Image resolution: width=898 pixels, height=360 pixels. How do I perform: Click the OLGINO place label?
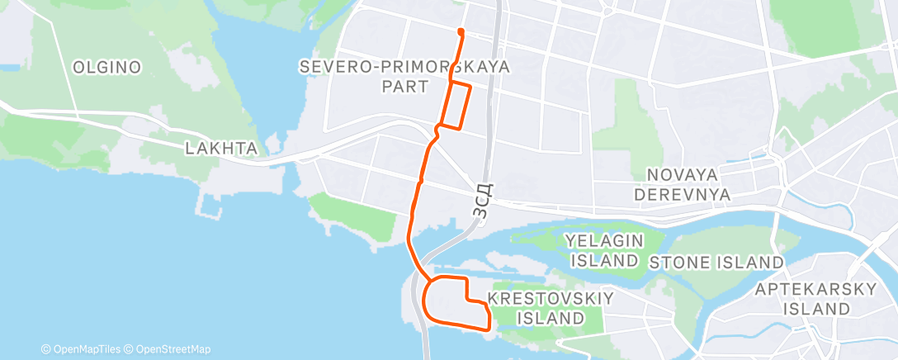click(106, 67)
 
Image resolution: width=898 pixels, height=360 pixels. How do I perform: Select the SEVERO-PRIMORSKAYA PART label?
click(404, 75)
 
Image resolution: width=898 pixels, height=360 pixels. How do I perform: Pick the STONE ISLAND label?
click(716, 263)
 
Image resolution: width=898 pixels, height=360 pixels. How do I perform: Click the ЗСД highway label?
click(484, 201)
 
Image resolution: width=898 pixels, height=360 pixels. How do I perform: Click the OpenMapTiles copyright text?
click(84, 349)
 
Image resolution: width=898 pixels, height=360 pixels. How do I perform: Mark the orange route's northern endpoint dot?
click(460, 32)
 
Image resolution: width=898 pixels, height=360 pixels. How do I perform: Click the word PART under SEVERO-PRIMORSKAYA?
click(404, 86)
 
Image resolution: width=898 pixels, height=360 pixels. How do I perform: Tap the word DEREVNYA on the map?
click(703, 195)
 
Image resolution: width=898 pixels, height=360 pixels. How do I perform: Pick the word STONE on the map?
click(677, 263)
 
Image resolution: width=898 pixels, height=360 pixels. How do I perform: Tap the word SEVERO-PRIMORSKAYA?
click(404, 65)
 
